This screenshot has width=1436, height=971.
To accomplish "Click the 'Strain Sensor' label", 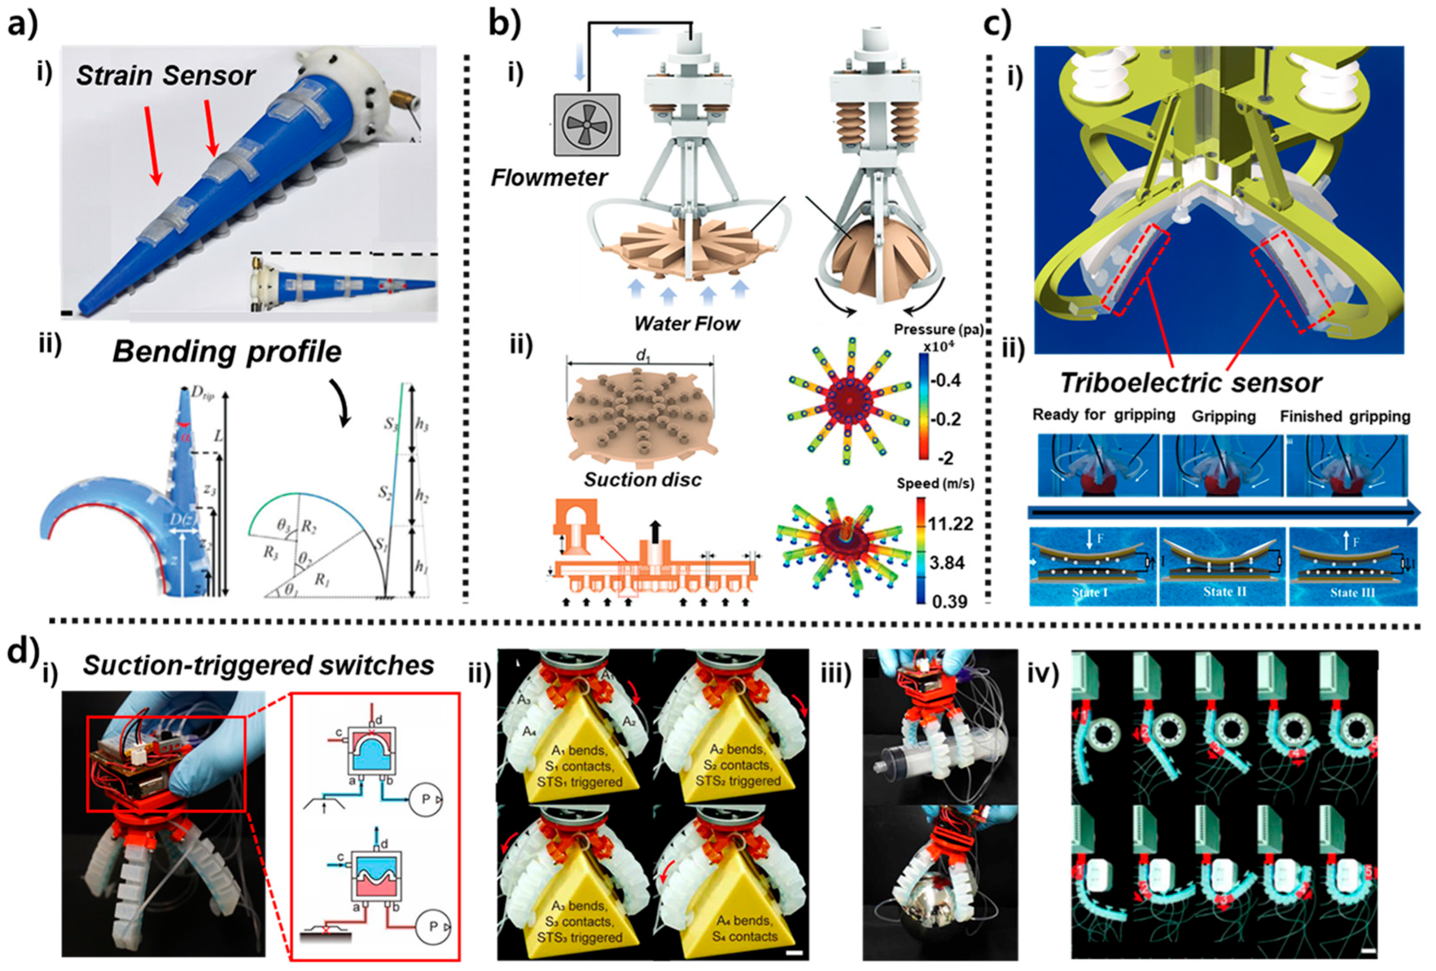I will pyautogui.click(x=165, y=76).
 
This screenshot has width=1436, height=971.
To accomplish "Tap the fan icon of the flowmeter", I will pyautogui.click(x=586, y=124).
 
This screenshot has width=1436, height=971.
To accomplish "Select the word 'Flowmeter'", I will pyautogui.click(x=549, y=178).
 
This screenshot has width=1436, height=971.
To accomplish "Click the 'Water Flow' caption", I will pyautogui.click(x=687, y=323).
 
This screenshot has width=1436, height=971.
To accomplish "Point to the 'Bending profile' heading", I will pyautogui.click(x=227, y=352).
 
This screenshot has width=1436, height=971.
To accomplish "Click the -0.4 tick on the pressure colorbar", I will pyautogui.click(x=945, y=380).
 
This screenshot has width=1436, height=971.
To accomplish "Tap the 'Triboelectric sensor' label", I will pyautogui.click(x=1191, y=383).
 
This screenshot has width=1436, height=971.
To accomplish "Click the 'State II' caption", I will pyautogui.click(x=1221, y=592).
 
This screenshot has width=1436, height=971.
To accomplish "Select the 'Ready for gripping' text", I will pyautogui.click(x=1104, y=415).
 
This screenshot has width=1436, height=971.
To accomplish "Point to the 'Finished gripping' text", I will pyautogui.click(x=1345, y=417).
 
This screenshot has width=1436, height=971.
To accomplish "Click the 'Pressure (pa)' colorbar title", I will pyautogui.click(x=939, y=330).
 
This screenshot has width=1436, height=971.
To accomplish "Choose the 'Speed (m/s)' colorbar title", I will pyautogui.click(x=935, y=484).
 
